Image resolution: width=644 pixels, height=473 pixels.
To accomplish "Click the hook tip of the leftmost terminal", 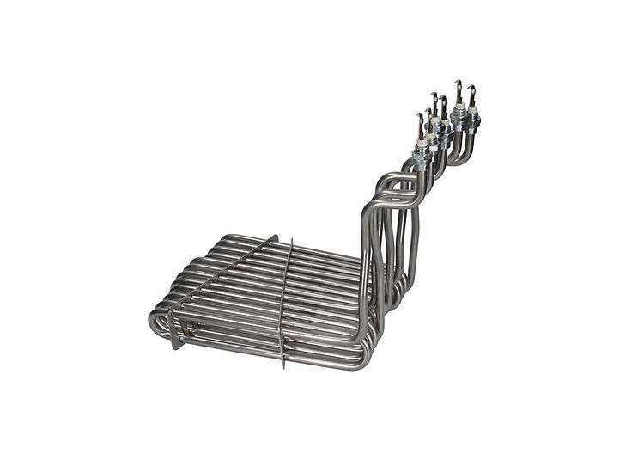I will tap(420, 115).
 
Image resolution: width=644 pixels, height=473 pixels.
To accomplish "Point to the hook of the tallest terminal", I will tap(458, 83).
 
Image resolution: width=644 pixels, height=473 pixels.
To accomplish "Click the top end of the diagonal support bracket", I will tap(276, 236).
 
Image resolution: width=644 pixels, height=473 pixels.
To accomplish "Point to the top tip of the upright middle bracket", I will tap(292, 240).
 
